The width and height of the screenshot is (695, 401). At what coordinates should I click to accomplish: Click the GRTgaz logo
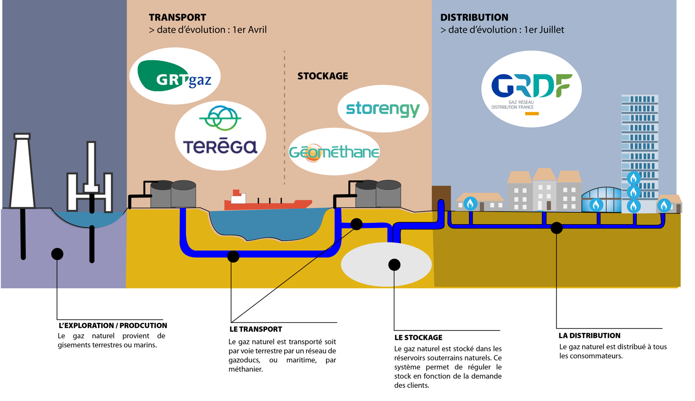pyautogui.click(x=175, y=76)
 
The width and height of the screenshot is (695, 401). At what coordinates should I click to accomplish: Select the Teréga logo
pyautogui.click(x=220, y=135)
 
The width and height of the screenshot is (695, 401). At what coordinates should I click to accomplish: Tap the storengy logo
pyautogui.click(x=383, y=108)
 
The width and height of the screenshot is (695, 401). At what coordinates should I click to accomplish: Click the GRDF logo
pyautogui.click(x=531, y=89)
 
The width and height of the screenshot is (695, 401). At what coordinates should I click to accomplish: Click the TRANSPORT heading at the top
pyautogui.click(x=177, y=17)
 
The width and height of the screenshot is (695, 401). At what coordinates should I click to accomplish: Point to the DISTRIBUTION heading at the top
pyautogui.click(x=474, y=17)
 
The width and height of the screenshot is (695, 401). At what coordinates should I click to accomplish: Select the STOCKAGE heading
pyautogui.click(x=322, y=76)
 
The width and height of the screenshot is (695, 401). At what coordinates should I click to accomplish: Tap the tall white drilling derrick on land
pyautogui.click(x=22, y=172)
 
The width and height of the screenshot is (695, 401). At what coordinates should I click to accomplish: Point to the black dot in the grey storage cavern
pyautogui.click(x=394, y=265)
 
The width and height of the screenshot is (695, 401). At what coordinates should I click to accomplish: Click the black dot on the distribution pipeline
pyautogui.click(x=556, y=228)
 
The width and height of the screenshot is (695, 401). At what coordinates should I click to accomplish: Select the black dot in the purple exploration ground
pyautogui.click(x=57, y=254)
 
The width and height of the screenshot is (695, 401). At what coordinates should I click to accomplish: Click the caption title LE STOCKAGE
pyautogui.click(x=418, y=337)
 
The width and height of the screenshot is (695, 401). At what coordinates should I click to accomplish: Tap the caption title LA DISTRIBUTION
pyautogui.click(x=589, y=336)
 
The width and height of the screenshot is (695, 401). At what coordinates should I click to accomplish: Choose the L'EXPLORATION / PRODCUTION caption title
pyautogui.click(x=113, y=326)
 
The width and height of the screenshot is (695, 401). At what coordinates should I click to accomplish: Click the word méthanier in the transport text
pyautogui.click(x=246, y=369)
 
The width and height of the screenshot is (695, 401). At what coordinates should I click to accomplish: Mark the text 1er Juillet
pyautogui.click(x=544, y=30)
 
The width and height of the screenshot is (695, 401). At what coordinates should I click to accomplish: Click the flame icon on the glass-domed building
pyautogui.click(x=596, y=205)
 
